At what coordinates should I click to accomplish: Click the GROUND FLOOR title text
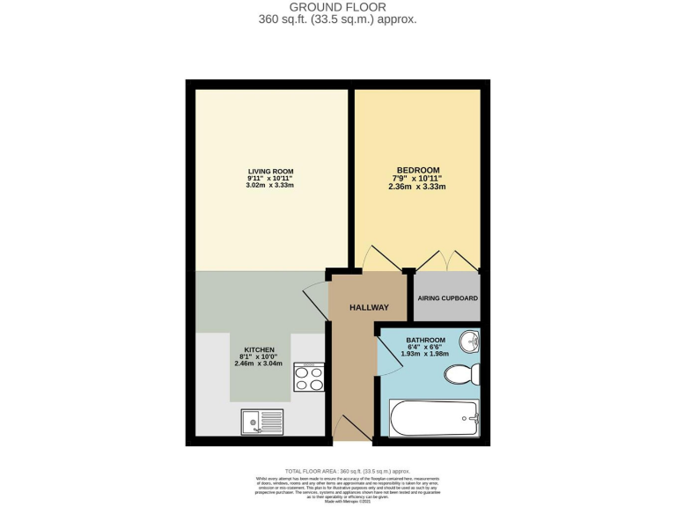(x=337, y=8)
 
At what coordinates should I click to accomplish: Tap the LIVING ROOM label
(x=269, y=171)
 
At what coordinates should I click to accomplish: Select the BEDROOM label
(x=416, y=169)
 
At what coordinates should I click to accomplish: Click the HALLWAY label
(x=368, y=307)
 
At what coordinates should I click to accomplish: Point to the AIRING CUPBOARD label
(x=446, y=298)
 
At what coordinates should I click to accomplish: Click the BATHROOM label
(x=425, y=340)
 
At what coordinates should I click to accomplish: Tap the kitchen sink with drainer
(x=261, y=422)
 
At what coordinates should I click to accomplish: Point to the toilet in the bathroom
(x=461, y=374)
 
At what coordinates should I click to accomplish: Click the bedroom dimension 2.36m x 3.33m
(x=416, y=187)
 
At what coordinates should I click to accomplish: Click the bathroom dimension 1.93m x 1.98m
(x=425, y=354)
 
